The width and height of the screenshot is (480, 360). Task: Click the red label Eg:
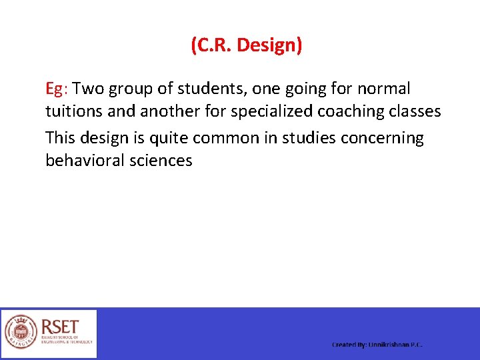58,89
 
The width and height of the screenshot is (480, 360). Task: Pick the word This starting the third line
61,138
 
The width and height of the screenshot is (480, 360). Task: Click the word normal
385,89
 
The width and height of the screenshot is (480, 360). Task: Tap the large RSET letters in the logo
61,327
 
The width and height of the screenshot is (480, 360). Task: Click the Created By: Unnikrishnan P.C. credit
377,345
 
